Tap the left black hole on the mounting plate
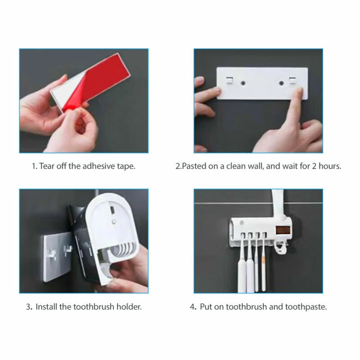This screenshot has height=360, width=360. (x=243, y=83)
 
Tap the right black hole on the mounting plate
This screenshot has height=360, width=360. (x=281, y=83)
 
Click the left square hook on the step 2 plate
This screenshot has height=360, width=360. (x=229, y=80)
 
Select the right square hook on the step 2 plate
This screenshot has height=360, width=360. (x=292, y=81)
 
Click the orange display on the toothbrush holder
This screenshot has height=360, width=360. (x=283, y=230)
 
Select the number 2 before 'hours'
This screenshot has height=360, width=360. (x=314, y=166)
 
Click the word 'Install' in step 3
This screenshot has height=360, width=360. (x=46, y=306)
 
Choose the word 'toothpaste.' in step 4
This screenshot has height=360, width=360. (x=306, y=307)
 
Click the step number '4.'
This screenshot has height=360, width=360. (x=193, y=307)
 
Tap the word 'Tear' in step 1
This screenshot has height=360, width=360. (x=47, y=166)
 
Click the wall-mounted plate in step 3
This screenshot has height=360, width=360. (x=58, y=256)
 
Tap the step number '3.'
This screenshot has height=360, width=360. (x=29, y=306)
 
